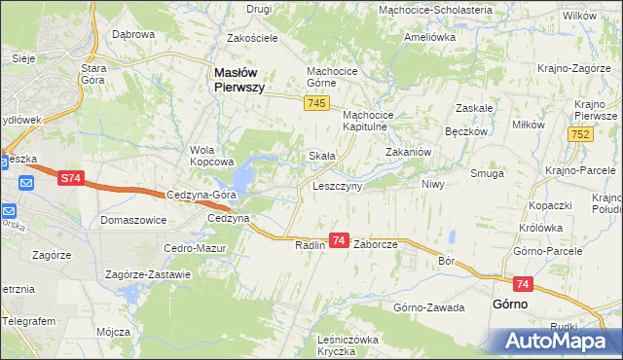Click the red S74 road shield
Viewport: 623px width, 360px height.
[70, 179]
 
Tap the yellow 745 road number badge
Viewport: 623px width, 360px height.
[314, 104]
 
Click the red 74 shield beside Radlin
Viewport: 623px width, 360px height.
[339, 239]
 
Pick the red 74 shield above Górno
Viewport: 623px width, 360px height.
[524, 283]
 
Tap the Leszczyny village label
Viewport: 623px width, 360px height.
[337, 185]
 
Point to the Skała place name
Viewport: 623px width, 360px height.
[321, 156]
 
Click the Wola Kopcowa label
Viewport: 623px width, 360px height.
[213, 156]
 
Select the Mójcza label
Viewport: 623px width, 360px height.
[114, 331]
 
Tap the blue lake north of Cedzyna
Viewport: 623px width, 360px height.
[242, 176]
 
